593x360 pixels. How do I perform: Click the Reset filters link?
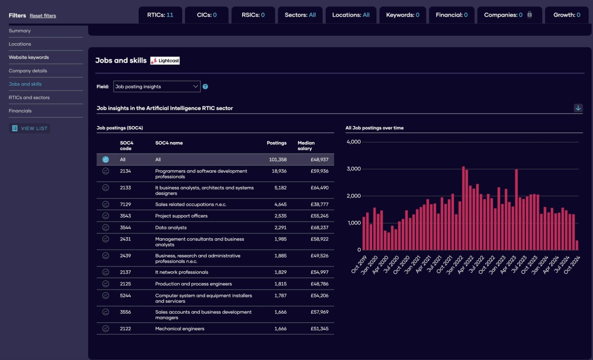(x=42, y=16)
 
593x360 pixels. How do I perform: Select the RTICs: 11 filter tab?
(x=160, y=15)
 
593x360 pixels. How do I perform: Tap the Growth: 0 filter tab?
(x=566, y=15)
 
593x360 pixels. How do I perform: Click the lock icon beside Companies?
(x=529, y=15)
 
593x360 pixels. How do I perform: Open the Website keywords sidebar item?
(x=29, y=57)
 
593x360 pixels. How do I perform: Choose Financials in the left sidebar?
(x=20, y=111)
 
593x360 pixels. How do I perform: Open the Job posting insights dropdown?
(x=157, y=87)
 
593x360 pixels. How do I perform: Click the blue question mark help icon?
(x=205, y=87)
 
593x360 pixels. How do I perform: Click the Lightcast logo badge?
(x=165, y=61)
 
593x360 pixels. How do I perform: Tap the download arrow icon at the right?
(x=578, y=108)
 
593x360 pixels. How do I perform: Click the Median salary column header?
(x=306, y=146)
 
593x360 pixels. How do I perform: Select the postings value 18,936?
(x=279, y=171)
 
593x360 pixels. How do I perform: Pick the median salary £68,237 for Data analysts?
(x=319, y=228)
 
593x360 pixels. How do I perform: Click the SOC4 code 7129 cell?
(x=125, y=204)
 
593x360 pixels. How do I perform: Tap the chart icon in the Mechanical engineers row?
(x=105, y=329)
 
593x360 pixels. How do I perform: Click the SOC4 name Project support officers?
(x=181, y=216)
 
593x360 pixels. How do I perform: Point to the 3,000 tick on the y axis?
(x=353, y=169)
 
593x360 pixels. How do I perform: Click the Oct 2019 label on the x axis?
(x=359, y=265)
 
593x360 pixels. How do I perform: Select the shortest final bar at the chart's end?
(x=577, y=245)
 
